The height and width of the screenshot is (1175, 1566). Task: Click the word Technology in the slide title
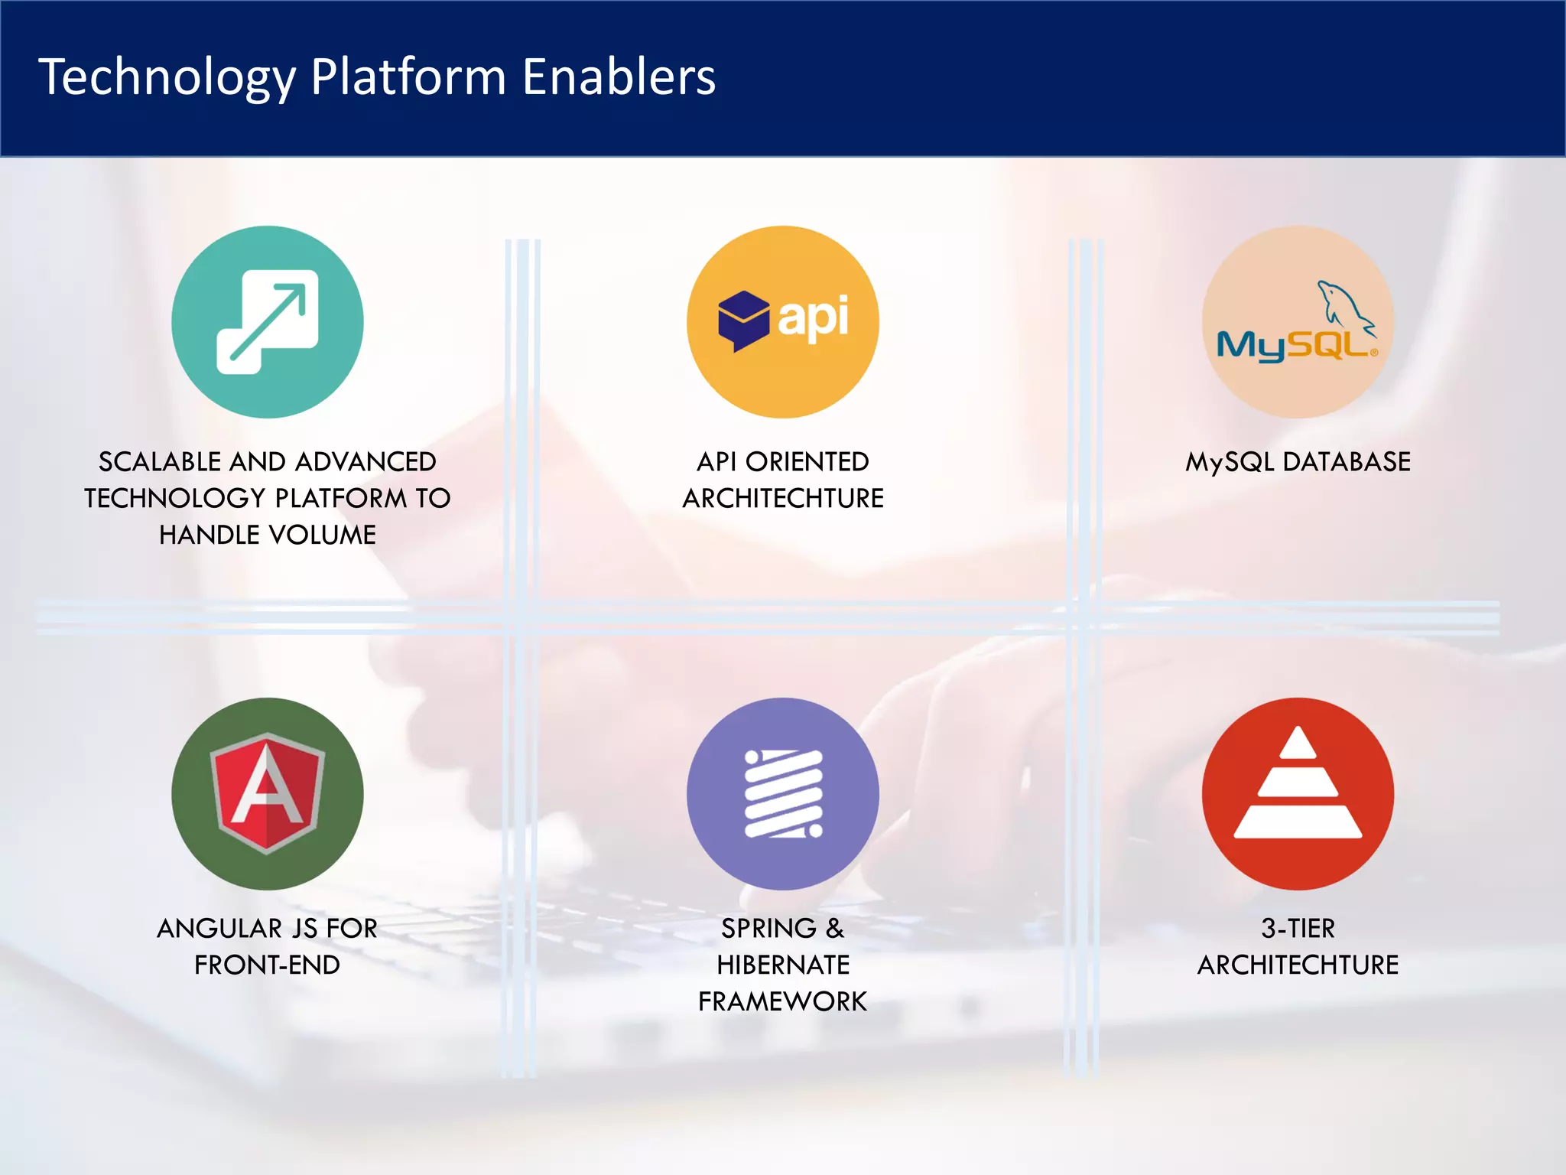click(167, 78)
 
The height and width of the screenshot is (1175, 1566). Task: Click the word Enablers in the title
click(619, 76)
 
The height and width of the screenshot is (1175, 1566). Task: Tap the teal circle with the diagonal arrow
click(267, 322)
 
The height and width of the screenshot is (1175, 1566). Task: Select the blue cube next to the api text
click(742, 320)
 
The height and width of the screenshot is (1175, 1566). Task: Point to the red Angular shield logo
click(267, 793)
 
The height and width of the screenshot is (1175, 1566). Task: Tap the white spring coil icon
click(783, 794)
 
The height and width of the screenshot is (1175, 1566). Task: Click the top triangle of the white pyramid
click(1298, 744)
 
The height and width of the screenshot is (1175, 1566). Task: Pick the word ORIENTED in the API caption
click(807, 462)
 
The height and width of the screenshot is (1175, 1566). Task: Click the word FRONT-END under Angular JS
click(267, 965)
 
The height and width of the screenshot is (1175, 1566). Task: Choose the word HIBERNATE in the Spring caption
click(783, 965)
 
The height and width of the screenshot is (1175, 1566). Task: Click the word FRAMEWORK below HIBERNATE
click(783, 1001)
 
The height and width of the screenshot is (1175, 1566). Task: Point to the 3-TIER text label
click(1298, 929)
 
